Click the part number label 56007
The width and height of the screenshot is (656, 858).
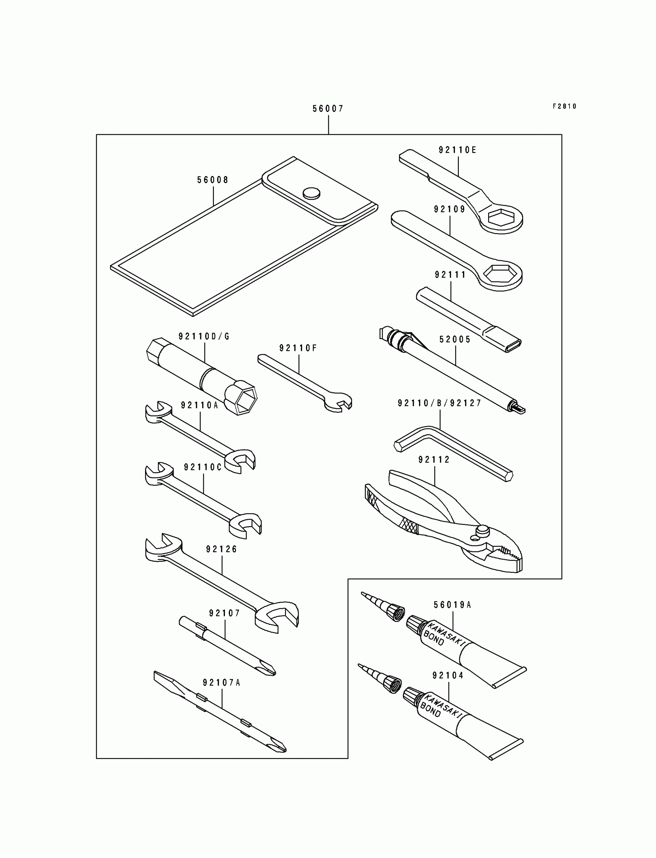click(x=328, y=109)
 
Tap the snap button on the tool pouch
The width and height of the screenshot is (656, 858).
click(x=311, y=193)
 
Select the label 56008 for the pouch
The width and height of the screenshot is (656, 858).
click(x=213, y=180)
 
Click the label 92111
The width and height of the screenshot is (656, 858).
click(x=451, y=275)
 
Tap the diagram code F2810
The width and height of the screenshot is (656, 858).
click(x=564, y=106)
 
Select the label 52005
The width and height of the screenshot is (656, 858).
click(x=455, y=339)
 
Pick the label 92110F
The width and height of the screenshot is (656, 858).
click(x=298, y=348)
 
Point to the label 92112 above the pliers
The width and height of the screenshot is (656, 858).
click(x=434, y=460)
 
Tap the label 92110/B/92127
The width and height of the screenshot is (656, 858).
click(x=440, y=403)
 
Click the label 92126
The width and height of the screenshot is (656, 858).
click(x=222, y=549)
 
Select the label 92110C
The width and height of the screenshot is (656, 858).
click(x=203, y=467)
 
